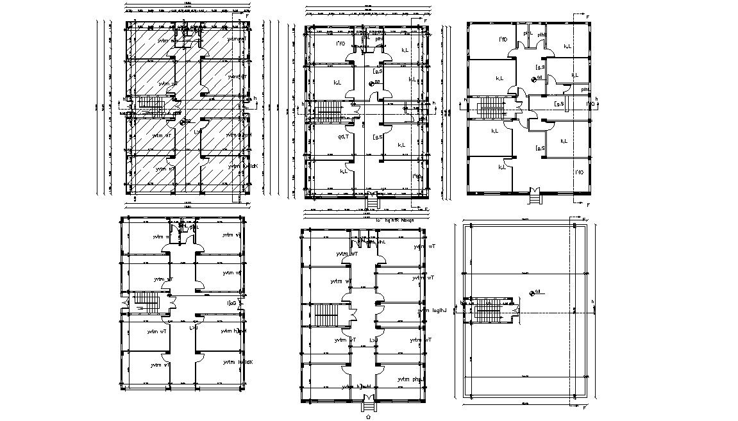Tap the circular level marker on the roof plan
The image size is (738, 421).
(x=533, y=293)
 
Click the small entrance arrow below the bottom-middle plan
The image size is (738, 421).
(x=367, y=415)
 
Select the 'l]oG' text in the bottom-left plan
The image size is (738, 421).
(x=231, y=303)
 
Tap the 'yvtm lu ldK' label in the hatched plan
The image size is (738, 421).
(x=242, y=165)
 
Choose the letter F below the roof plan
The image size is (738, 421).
(x=585, y=407)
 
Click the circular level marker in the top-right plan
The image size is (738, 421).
(x=533, y=79)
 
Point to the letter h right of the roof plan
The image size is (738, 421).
(x=593, y=301)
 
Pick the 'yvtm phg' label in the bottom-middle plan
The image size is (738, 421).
(x=410, y=379)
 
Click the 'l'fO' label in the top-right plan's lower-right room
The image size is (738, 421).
(x=578, y=172)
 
